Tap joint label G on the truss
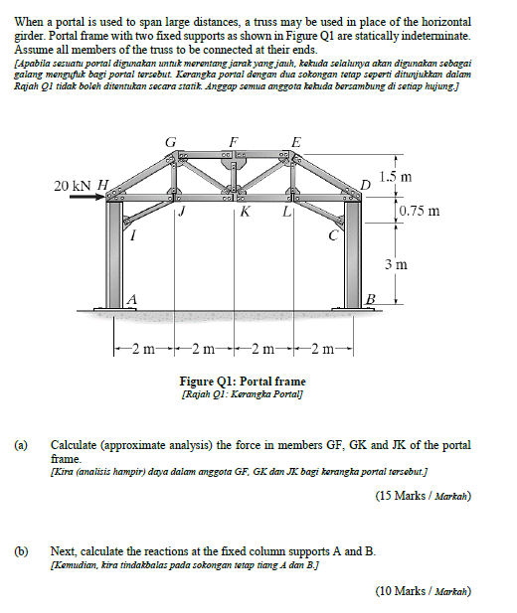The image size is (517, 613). pyautogui.click(x=172, y=142)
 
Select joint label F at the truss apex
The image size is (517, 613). pyautogui.click(x=233, y=142)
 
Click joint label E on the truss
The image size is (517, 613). pyautogui.click(x=293, y=142)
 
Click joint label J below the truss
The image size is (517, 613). pyautogui.click(x=182, y=211)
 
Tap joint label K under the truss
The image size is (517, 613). pyautogui.click(x=245, y=212)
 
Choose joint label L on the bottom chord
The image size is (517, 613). pyautogui.click(x=286, y=211)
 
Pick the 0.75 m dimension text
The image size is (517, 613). pyautogui.click(x=419, y=211)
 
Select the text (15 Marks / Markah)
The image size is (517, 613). pyautogui.click(x=423, y=495)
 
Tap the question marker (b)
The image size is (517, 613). pyautogui.click(x=22, y=549)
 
